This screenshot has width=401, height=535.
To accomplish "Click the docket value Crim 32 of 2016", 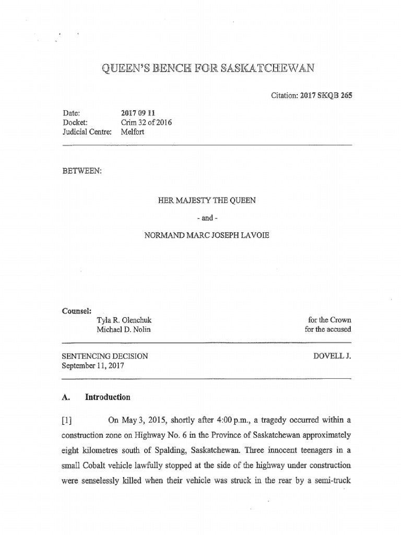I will pos(146,123).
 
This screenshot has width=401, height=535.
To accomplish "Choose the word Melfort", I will pos(133,132).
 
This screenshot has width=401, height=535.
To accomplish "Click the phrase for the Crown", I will pos(330,320).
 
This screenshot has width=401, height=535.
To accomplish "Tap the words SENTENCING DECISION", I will pos(105,356).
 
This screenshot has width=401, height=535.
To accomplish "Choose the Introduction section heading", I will pos(108,397).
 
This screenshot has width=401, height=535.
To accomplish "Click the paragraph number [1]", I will pos(69,421).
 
